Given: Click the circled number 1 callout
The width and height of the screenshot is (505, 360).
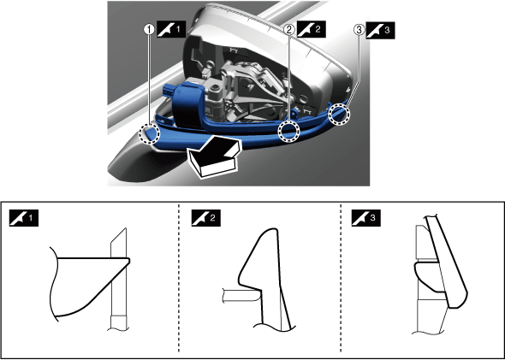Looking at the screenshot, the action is [148, 30].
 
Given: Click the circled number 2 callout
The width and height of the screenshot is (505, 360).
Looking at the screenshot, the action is [289, 30].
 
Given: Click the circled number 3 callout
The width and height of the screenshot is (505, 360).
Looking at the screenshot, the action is [359, 30].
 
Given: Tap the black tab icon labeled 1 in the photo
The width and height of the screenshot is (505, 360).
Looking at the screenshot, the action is [171, 29].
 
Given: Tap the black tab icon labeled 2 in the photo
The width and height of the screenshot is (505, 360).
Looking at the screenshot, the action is [311, 29].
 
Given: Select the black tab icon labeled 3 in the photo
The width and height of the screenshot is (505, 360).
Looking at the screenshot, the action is [380, 30].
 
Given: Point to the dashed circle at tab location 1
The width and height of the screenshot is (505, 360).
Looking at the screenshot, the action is [149, 134].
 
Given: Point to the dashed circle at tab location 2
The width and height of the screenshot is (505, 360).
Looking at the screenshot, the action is [289, 132].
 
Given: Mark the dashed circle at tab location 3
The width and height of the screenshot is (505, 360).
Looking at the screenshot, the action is [339, 115].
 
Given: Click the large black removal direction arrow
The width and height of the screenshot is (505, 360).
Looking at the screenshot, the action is [214, 156].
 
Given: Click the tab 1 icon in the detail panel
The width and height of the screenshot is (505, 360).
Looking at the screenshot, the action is [24, 218].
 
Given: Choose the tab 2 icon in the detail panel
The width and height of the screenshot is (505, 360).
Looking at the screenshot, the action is [206, 218].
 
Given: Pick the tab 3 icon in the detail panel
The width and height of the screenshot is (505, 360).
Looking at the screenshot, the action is [365, 218].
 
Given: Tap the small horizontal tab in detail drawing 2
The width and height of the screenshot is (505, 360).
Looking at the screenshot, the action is [241, 295].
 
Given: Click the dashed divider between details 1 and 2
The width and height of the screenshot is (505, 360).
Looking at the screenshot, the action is [179, 279].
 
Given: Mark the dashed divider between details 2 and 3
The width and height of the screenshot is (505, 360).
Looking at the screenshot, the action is [341, 279].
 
